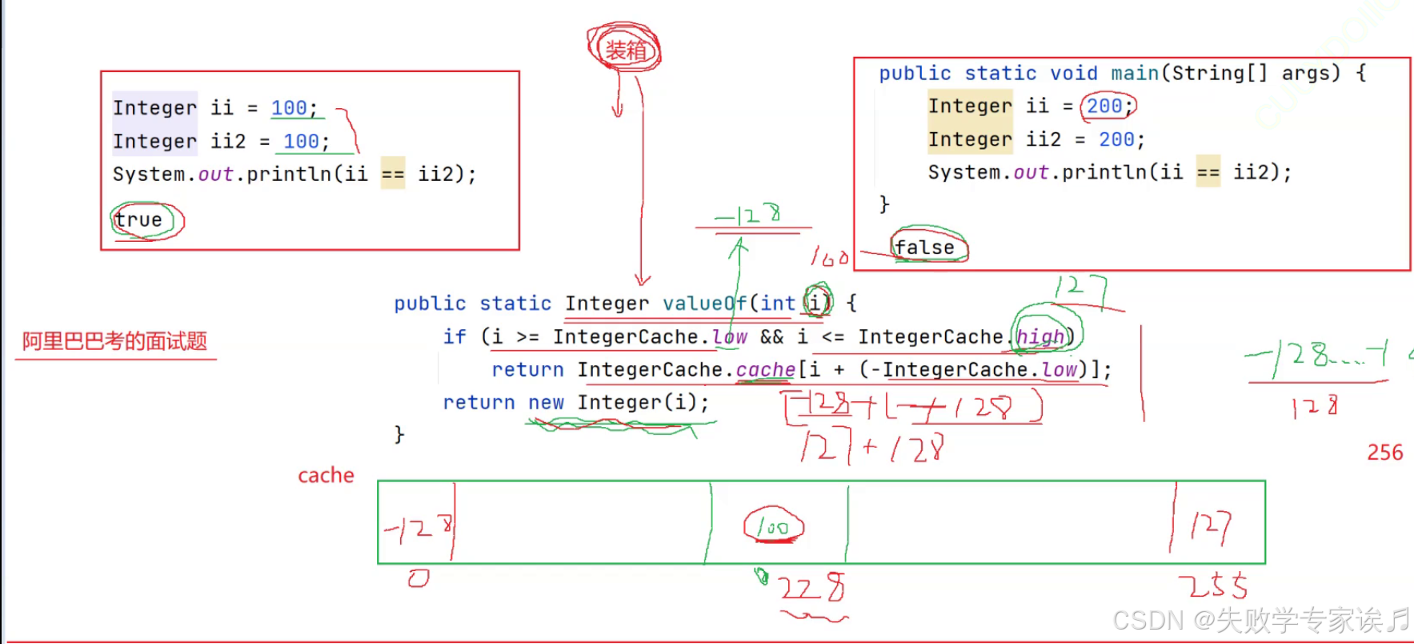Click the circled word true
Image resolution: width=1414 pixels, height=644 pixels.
(138, 219)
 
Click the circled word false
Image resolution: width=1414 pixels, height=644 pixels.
(924, 248)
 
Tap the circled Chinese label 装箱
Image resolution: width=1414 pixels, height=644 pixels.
(625, 50)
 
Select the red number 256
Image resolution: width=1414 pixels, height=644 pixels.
(1384, 453)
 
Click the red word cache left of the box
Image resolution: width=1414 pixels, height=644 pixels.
(326, 476)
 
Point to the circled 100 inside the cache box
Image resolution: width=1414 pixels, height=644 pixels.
(773, 527)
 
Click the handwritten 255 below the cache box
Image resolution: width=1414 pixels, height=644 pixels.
(1213, 586)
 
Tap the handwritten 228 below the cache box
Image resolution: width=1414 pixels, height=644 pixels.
(811, 589)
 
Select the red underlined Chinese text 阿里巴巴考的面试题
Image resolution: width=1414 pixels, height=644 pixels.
(114, 341)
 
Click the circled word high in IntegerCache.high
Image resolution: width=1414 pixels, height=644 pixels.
(1040, 336)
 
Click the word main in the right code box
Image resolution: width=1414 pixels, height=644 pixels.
(1134, 73)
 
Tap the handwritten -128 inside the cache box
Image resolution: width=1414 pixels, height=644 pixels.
(418, 528)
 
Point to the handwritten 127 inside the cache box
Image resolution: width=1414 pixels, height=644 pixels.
(1210, 526)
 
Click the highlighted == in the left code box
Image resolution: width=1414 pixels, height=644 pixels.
(392, 174)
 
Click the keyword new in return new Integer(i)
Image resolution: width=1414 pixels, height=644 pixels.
(546, 402)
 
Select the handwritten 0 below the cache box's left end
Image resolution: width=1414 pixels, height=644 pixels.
(419, 578)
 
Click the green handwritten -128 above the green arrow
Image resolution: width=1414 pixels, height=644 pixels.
(748, 215)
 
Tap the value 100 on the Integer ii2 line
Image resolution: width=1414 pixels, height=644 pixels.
(301, 142)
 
